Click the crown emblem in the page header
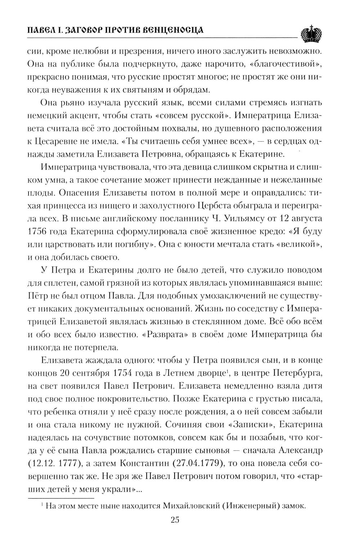point(311,33)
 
